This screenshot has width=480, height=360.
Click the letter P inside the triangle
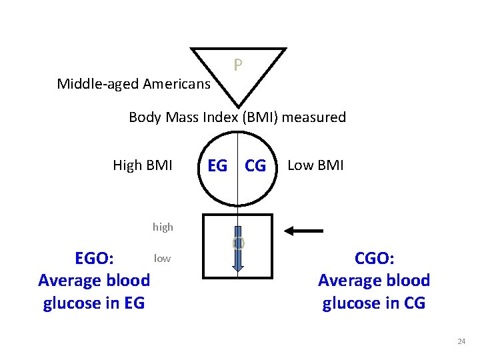[238, 65]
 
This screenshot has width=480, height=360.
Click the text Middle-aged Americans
[134, 84]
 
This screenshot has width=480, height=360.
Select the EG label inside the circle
[217, 165]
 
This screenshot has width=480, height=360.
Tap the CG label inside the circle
[255, 165]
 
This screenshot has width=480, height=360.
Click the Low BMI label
[315, 165]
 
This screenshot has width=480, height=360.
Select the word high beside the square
[163, 227]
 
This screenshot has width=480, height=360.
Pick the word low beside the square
[162, 258]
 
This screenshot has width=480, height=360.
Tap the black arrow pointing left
[304, 231]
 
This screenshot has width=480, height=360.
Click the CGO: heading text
[374, 259]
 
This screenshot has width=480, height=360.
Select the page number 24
[461, 341]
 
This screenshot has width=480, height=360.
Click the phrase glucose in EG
[94, 303]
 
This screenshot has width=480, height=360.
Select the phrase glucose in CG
[374, 303]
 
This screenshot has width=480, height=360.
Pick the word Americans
[179, 84]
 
